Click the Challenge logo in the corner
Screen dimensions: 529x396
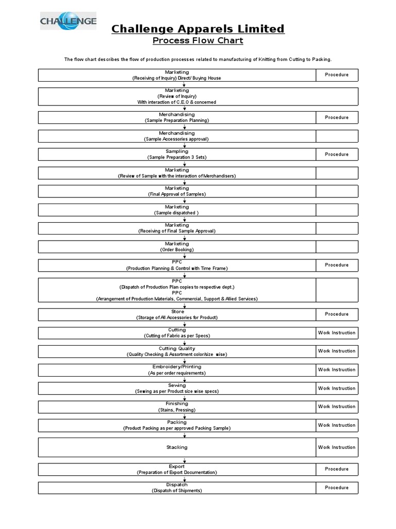click(x=69, y=21)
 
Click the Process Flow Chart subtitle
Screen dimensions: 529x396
click(x=198, y=41)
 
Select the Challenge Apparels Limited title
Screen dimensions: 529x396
click(x=198, y=28)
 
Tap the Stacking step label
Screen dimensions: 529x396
click(x=177, y=447)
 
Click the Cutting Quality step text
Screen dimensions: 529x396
click(x=177, y=349)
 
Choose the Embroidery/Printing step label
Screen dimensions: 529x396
click(x=177, y=367)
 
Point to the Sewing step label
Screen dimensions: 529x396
click(x=177, y=385)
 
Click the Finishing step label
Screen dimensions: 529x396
click(x=177, y=403)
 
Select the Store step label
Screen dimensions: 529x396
click(x=177, y=312)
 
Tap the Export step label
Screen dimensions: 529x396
click(x=177, y=466)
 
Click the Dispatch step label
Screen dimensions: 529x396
click(x=177, y=485)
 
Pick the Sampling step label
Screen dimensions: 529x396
click(x=177, y=151)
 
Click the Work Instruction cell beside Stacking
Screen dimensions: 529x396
click(x=337, y=447)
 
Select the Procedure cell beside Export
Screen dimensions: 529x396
click(x=337, y=469)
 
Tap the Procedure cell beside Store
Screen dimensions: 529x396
click(x=337, y=314)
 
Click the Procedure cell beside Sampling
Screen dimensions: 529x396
click(x=337, y=154)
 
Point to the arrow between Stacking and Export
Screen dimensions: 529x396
click(x=185, y=460)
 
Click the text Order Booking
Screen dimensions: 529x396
click(x=177, y=250)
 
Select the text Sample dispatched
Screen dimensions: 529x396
click(x=177, y=213)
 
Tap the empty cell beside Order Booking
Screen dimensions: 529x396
click(x=337, y=246)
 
